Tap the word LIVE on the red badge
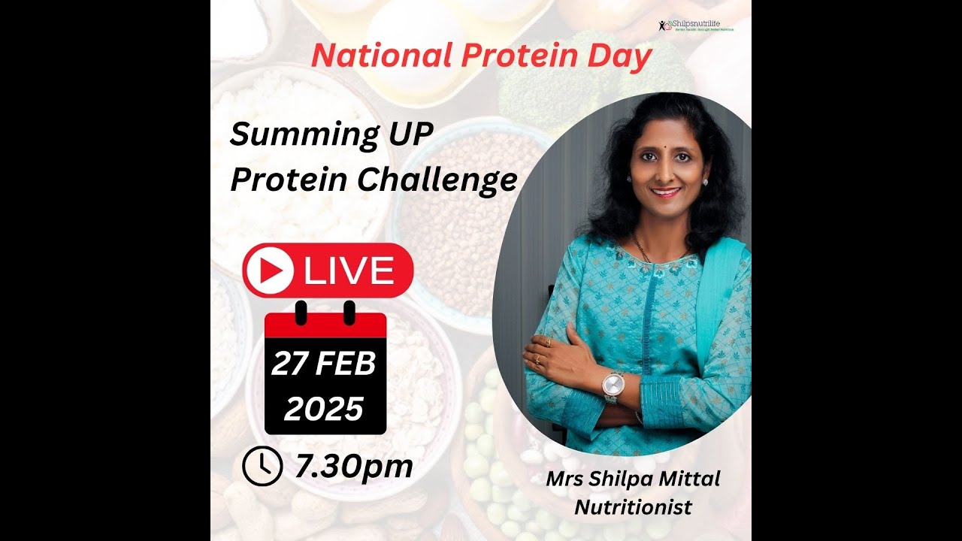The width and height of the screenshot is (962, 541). pos(349,270)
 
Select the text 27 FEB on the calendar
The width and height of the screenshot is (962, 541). pos(324,364)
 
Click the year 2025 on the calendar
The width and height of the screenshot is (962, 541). pos(324,409)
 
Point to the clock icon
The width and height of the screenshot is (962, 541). pos(261,466)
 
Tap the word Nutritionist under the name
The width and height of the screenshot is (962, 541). pos(633,506)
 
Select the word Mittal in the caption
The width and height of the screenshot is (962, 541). pos(688,479)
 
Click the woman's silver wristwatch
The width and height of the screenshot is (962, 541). pos(613,387)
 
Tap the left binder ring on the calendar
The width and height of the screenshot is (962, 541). pos(301,311)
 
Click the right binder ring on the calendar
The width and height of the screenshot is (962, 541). pos(349,311)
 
